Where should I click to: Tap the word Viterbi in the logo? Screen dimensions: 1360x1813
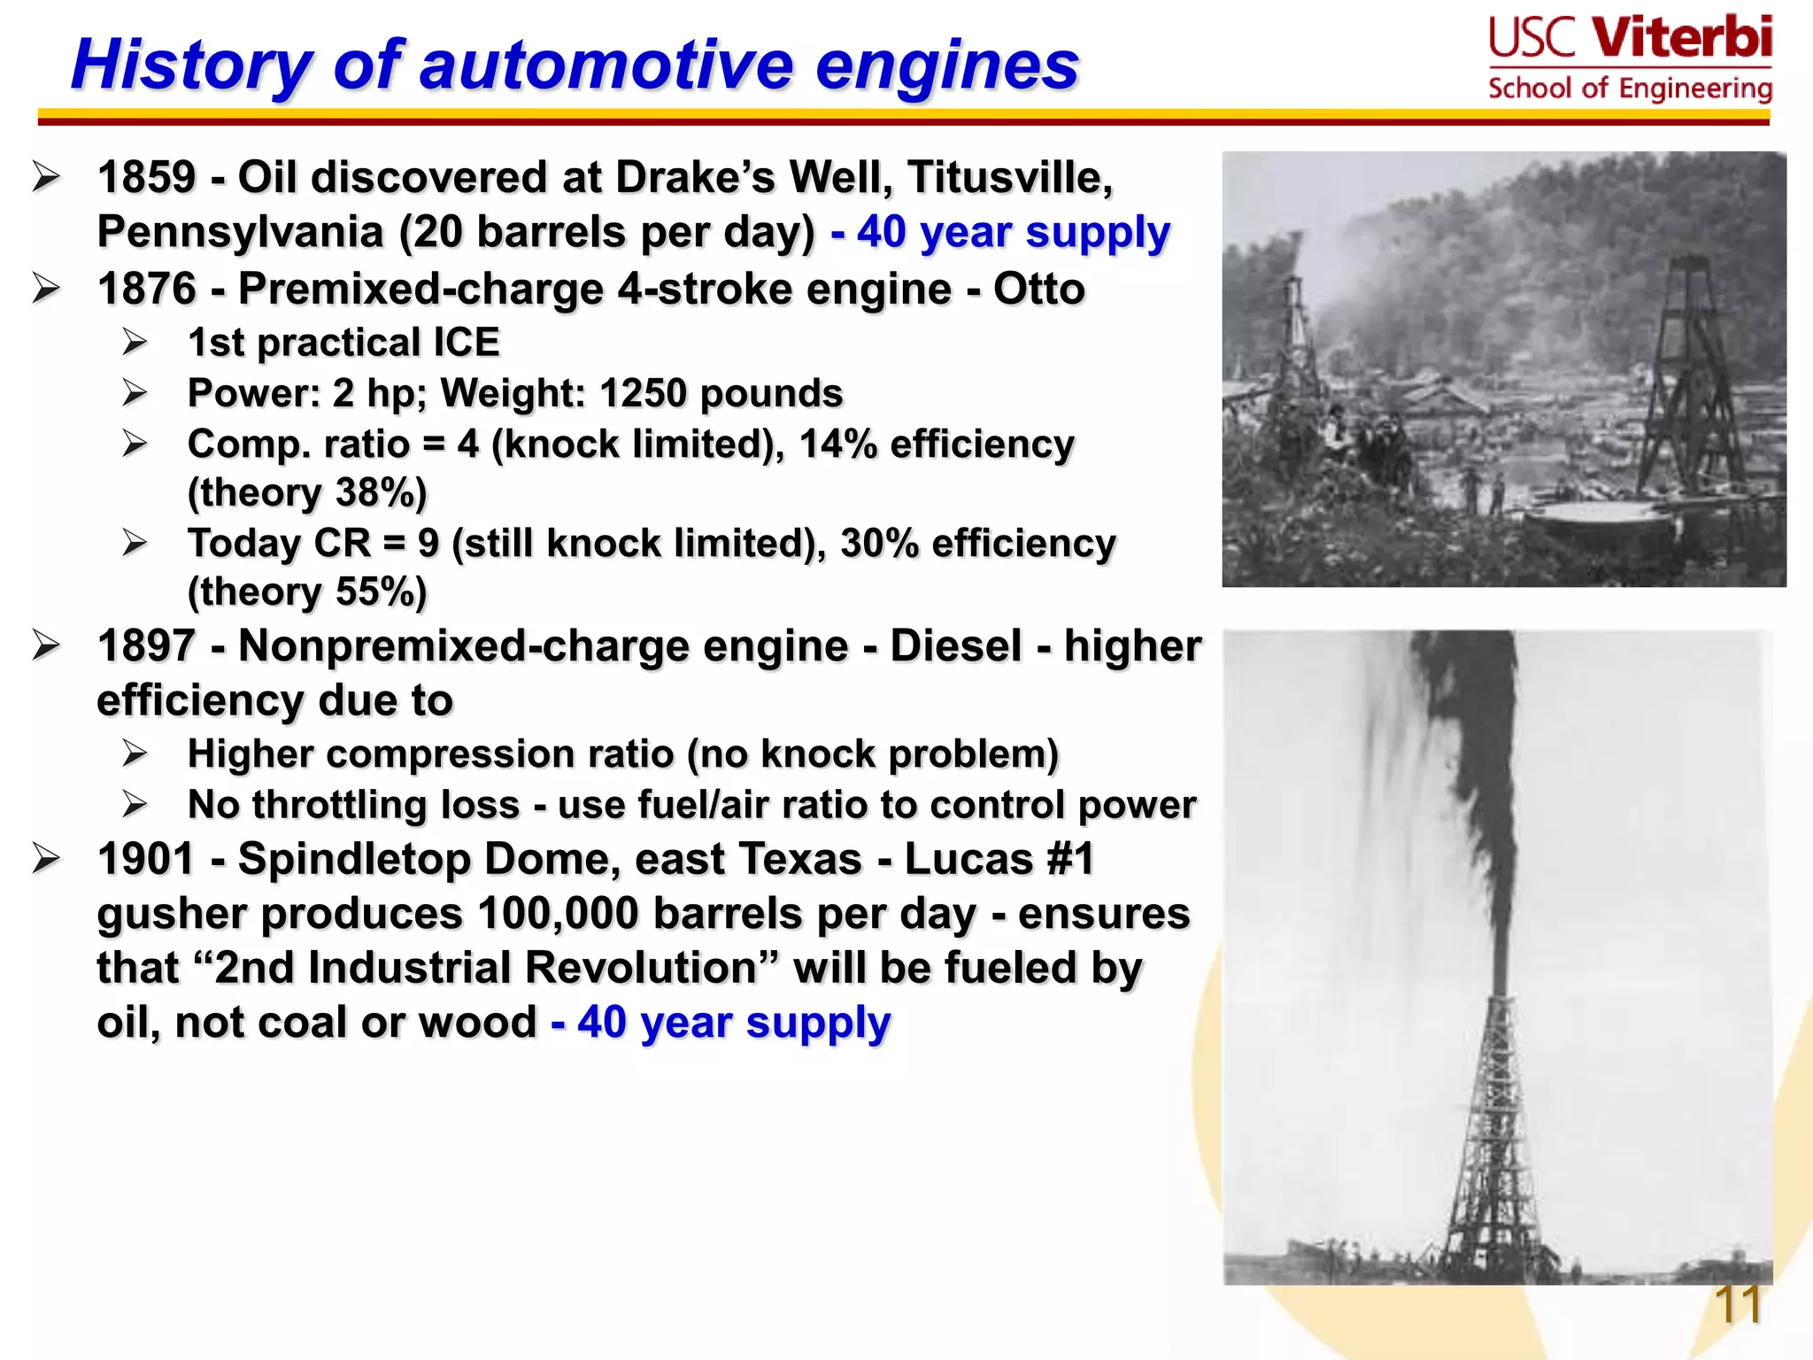pyautogui.click(x=1682, y=39)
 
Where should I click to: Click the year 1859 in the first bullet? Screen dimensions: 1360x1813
pyautogui.click(x=146, y=177)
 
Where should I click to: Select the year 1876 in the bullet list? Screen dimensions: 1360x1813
pyautogui.click(x=146, y=289)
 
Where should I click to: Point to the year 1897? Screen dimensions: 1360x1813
pyautogui.click(x=146, y=645)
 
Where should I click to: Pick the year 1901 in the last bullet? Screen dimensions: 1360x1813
pyautogui.click(x=146, y=859)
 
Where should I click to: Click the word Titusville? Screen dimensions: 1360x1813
pyautogui.click(x=1009, y=177)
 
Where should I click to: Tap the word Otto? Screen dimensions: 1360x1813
pyautogui.click(x=1038, y=289)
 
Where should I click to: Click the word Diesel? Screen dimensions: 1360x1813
pyautogui.click(x=955, y=645)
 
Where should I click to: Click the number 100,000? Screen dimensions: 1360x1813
pyautogui.click(x=558, y=914)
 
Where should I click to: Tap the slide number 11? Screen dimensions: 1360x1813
pyautogui.click(x=1737, y=1304)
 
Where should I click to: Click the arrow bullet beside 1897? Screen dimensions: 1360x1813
pyautogui.click(x=46, y=645)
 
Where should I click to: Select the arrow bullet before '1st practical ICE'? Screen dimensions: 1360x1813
pyautogui.click(x=135, y=342)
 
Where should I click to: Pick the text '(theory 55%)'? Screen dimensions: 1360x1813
pyautogui.click(x=307, y=591)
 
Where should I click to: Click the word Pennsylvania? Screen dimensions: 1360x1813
pyautogui.click(x=240, y=233)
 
